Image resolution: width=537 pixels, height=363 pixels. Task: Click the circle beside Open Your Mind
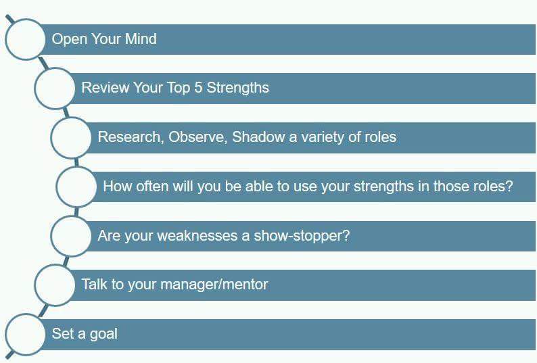25,39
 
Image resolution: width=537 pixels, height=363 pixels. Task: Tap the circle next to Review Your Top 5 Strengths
55,88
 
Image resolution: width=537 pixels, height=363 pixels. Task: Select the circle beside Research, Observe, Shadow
71,137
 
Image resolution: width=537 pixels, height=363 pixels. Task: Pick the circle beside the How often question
76,186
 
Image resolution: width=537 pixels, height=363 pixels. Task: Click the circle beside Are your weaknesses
71,235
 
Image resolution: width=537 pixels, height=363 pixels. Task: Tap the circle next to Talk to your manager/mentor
55,285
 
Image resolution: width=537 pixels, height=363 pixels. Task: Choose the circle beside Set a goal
25,333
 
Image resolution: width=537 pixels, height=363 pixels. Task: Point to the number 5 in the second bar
198,88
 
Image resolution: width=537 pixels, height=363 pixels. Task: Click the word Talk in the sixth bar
95,285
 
